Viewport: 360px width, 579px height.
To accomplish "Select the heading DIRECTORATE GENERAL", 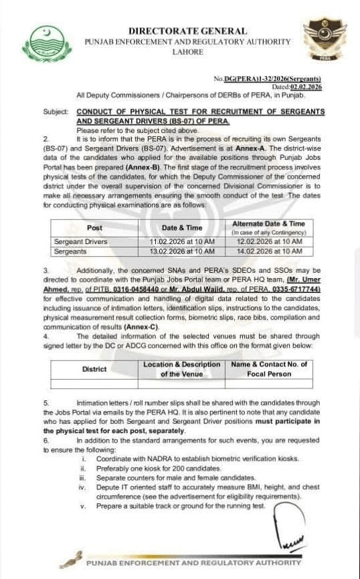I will pyautogui.click(x=187, y=31).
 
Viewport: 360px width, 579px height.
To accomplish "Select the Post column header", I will pyautogui.click(x=94, y=228).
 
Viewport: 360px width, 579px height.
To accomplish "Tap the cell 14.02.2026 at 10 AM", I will pyautogui.click(x=268, y=251).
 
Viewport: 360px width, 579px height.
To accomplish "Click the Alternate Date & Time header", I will pyautogui.click(x=268, y=223).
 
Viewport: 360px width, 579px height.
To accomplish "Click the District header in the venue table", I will pyautogui.click(x=94, y=369).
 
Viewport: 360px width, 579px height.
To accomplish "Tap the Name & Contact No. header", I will pyautogui.click(x=268, y=364).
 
